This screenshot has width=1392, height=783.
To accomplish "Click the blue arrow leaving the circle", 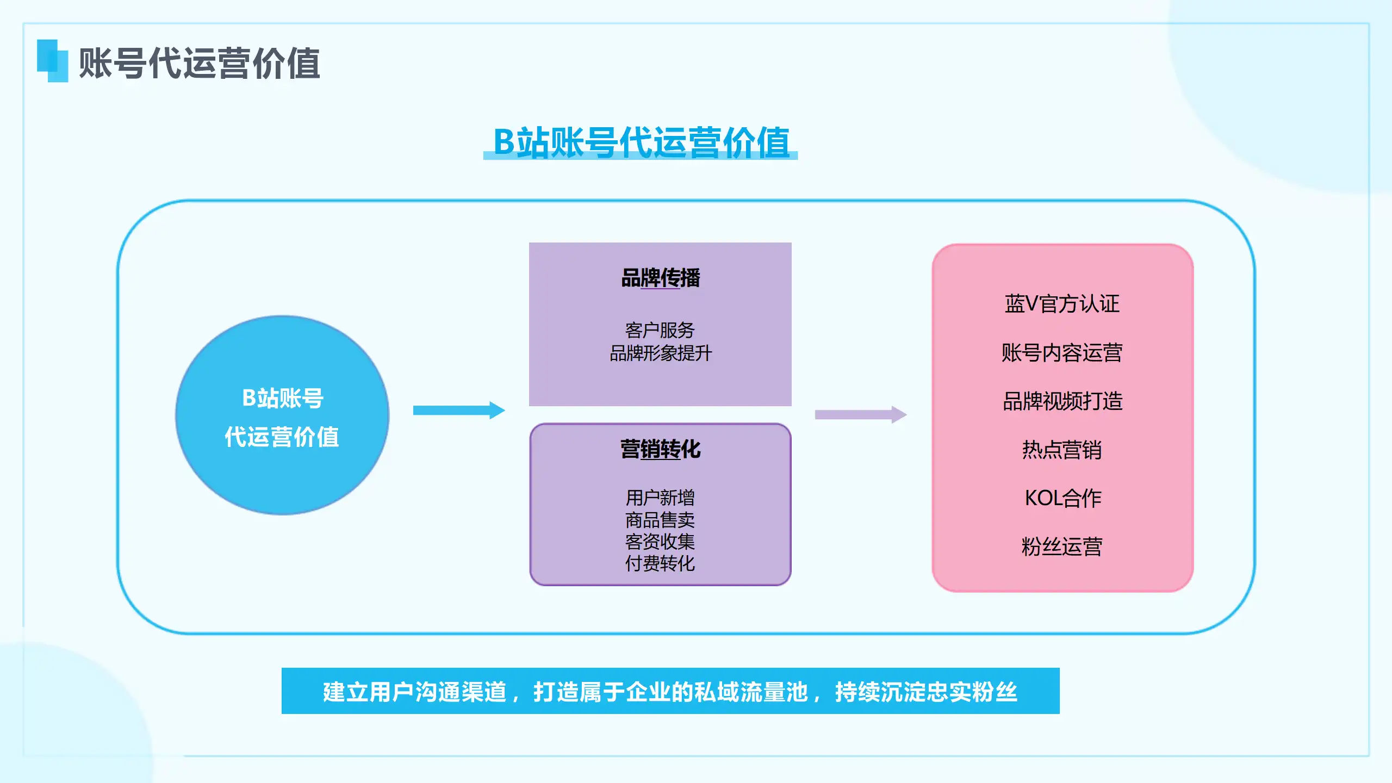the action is coord(459,411).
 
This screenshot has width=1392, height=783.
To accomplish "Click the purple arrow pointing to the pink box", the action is coord(861,414).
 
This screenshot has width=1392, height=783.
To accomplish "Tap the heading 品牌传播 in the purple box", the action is coord(661,278).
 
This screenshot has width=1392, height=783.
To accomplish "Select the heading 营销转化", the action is coord(661,449).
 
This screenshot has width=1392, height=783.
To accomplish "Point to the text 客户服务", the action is coord(660,330).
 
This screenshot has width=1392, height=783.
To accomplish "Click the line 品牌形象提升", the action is coord(661,353).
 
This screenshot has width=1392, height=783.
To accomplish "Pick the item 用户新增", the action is coord(660,498).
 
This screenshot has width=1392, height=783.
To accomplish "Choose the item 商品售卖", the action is coord(660,520).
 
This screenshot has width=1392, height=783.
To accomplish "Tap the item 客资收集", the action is coord(660,542).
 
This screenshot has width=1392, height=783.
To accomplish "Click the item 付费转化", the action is coord(660,563).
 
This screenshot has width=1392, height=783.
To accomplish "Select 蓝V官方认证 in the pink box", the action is coord(1062,303).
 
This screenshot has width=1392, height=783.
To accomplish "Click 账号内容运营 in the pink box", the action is coord(1062,352).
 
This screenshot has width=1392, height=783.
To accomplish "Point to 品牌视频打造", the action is coord(1062,401).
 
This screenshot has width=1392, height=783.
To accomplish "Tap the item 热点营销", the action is coord(1062,450).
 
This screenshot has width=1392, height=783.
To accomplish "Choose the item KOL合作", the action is coord(1063,498).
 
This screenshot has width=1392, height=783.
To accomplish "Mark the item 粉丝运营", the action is coord(1062,546).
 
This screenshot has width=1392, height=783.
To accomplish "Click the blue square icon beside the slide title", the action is coord(53,61).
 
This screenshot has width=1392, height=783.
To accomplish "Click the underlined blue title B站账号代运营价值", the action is coord(641,142).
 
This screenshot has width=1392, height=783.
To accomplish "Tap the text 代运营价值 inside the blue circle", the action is coord(282,437).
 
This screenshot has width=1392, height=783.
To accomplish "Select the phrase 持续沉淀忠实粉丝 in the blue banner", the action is coord(926,692).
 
